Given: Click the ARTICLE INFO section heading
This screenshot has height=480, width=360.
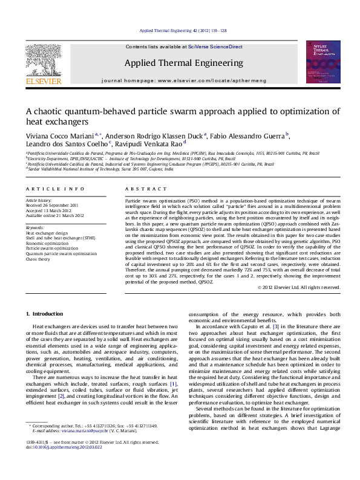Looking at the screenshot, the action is pos(44,189).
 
